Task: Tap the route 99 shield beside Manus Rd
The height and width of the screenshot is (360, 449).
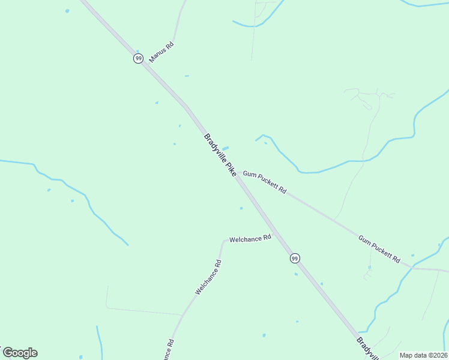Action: (138, 58)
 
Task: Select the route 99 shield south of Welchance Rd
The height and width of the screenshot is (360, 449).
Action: (294, 258)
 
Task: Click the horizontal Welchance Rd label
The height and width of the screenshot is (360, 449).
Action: (250, 238)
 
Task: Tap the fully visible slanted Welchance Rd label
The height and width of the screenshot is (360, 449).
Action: (208, 277)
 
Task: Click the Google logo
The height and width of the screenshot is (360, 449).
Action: (20, 353)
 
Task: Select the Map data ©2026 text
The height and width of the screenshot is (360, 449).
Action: (424, 355)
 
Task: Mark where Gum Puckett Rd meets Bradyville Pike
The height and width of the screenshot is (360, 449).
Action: (239, 175)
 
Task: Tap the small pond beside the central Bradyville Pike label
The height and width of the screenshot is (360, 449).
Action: (225, 148)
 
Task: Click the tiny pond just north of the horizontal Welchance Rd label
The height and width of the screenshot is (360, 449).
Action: (241, 208)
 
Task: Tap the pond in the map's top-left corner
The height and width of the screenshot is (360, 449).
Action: (67, 11)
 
